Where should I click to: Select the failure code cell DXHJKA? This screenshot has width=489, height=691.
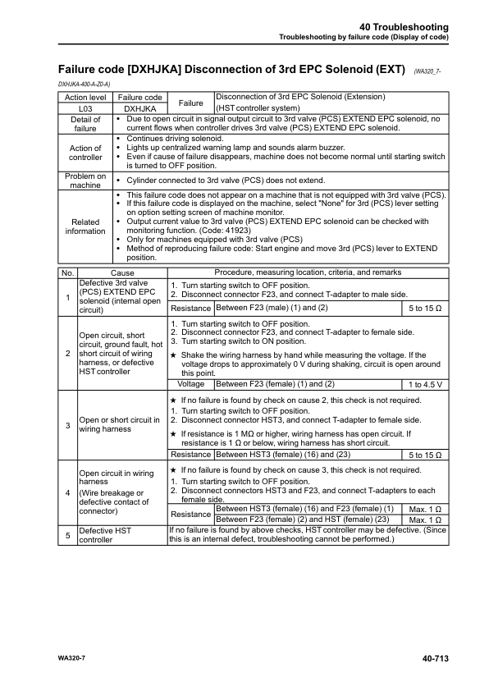(x=139, y=108)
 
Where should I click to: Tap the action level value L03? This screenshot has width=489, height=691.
(x=85, y=108)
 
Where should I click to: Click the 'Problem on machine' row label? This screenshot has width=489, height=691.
(x=85, y=181)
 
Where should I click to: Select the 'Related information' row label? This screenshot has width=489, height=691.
(x=85, y=226)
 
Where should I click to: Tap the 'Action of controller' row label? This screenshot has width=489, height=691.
(x=85, y=153)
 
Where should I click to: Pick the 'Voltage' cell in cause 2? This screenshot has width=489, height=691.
(x=191, y=384)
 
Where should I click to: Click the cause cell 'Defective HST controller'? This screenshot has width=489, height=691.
(x=104, y=536)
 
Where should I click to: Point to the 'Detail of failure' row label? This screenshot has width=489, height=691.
(x=85, y=124)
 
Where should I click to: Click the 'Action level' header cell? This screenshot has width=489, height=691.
(x=85, y=97)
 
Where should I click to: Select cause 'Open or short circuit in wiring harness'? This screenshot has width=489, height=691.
(x=119, y=426)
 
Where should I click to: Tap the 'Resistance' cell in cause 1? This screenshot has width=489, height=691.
(x=191, y=308)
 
